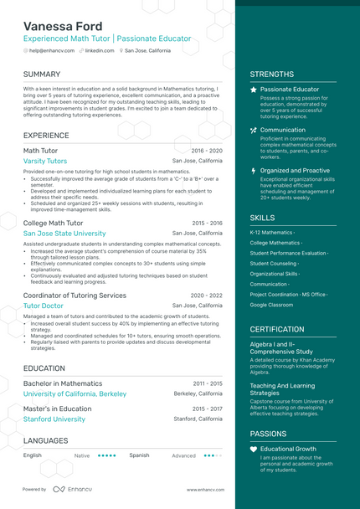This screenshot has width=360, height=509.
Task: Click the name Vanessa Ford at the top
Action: pos(63,26)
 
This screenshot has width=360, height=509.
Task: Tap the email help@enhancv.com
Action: pos(51,51)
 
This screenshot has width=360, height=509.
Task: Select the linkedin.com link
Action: pos(100,51)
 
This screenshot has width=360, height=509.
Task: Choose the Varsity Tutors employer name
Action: pos(45,161)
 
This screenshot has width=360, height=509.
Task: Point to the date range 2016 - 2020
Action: pos(207,151)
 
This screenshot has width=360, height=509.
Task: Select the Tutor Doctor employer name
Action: pos(44,306)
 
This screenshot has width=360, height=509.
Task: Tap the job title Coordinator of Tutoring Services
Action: pos(75,296)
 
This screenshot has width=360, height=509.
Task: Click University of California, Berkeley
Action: pos(75,393)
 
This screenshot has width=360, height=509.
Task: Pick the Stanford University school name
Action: pos(54,419)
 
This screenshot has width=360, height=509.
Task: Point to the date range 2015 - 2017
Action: pos(207,409)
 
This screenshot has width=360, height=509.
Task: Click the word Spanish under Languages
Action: pos(139,455)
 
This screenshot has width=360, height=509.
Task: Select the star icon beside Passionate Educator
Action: pos(254,89)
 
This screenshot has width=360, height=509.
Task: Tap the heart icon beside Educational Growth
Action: pos(254,450)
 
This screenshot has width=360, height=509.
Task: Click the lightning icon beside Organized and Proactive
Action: pos(254,170)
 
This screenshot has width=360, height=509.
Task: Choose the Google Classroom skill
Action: pos(271,305)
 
